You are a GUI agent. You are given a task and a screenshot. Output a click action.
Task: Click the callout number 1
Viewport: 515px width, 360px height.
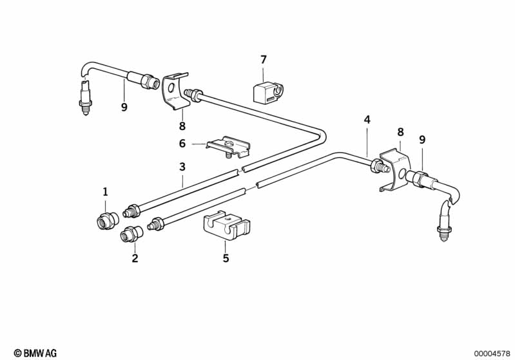click(x=105, y=192)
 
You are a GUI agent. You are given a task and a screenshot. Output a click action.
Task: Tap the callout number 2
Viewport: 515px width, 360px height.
click(x=135, y=258)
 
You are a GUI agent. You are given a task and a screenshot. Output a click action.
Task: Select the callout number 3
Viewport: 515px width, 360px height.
click(x=182, y=167)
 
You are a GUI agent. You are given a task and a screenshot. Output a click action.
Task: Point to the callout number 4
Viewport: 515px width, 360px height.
click(x=367, y=120)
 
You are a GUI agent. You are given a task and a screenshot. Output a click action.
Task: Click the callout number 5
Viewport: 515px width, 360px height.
click(x=226, y=258)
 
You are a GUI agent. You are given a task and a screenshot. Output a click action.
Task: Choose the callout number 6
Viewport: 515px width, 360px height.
click(x=182, y=144)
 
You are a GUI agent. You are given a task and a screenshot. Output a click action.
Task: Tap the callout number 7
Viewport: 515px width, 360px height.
click(x=264, y=60)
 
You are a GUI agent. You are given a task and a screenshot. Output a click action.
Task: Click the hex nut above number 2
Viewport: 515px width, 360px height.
click(x=131, y=234)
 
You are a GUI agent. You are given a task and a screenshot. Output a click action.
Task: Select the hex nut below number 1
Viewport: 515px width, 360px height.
click(x=108, y=221)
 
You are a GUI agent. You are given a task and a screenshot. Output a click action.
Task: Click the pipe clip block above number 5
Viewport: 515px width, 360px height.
click(x=226, y=226)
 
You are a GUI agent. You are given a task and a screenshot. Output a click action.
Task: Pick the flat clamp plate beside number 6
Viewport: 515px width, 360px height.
click(x=229, y=147)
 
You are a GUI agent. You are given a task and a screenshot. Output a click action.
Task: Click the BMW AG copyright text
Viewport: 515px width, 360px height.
click(x=35, y=353)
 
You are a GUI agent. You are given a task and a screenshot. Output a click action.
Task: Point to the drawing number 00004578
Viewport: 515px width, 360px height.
click(x=492, y=354)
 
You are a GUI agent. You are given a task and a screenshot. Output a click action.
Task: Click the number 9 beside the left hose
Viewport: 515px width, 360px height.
click(x=124, y=107)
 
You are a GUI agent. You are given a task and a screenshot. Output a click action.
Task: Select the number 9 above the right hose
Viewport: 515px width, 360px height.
click(x=422, y=140)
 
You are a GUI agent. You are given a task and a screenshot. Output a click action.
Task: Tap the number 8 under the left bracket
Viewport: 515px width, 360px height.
click(x=182, y=126)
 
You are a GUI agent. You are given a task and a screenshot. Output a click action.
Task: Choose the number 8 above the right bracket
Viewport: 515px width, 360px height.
click(x=400, y=132)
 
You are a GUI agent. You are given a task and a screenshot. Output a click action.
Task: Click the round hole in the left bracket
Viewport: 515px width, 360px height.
click(x=171, y=88)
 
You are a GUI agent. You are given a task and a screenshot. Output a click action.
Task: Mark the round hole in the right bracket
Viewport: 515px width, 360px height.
click(x=402, y=175)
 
